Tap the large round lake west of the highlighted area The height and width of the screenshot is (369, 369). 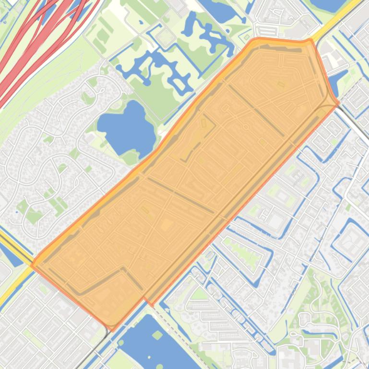pos(126,126)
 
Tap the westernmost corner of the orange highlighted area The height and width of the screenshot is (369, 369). pos(32,265)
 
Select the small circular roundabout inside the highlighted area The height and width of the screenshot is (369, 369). pos(246,127)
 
